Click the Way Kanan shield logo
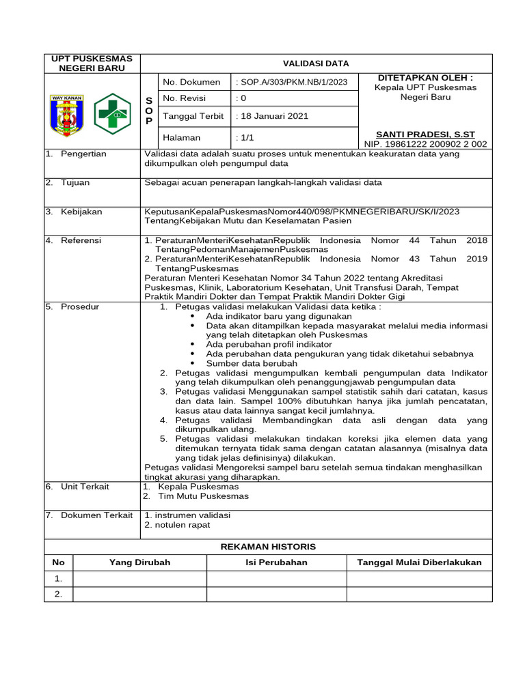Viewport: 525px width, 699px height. (67, 113)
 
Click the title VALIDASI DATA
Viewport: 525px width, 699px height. (317, 63)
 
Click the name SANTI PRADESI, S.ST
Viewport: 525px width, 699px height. (425, 134)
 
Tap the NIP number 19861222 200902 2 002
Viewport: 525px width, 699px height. (425, 144)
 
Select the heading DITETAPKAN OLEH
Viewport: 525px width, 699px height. (425, 78)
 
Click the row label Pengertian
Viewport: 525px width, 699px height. (83, 154)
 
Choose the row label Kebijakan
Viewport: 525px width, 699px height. (81, 212)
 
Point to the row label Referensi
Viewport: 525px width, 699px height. (81, 240)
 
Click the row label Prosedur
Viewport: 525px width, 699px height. (79, 306)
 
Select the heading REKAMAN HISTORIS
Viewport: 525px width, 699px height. (267, 547)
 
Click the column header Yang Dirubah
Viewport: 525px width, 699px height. (139, 562)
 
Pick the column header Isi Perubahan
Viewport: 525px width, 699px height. (276, 562)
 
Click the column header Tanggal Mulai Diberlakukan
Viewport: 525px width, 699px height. (419, 562)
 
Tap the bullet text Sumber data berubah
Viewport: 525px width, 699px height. (251, 364)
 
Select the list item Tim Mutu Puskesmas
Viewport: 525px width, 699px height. (203, 496)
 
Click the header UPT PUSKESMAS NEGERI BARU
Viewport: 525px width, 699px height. (92, 63)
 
